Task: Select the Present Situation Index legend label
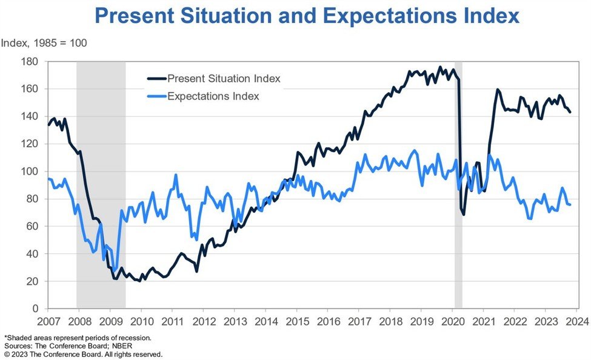pyautogui.click(x=224, y=79)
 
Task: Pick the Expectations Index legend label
pyautogui.click(x=213, y=96)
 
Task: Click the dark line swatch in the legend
pyautogui.click(x=156, y=79)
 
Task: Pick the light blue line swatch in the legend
pyautogui.click(x=156, y=96)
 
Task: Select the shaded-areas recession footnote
pyautogui.click(x=78, y=337)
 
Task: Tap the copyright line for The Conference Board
pyautogui.click(x=83, y=354)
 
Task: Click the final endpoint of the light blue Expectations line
pyautogui.click(x=570, y=205)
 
